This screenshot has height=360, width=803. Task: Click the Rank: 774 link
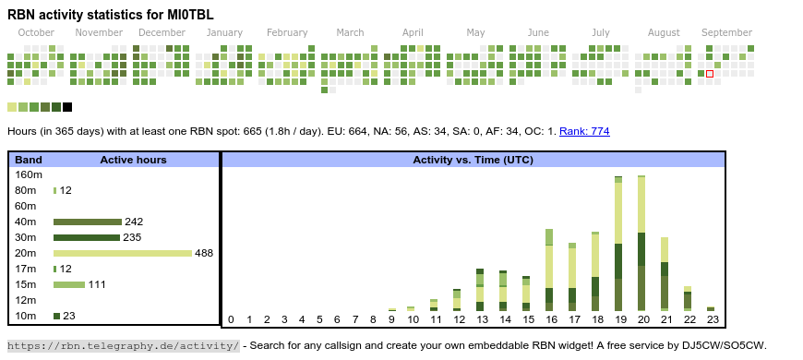click(x=584, y=132)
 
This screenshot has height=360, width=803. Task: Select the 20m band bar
click(x=123, y=253)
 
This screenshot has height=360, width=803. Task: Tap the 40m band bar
click(x=88, y=222)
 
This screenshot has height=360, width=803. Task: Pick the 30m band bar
click(x=87, y=237)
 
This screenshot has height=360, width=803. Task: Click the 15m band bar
click(x=69, y=284)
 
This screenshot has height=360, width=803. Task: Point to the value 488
click(x=204, y=253)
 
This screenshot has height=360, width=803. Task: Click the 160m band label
click(x=29, y=174)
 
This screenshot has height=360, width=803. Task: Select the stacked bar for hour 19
click(x=618, y=244)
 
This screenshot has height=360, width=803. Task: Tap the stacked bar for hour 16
click(x=549, y=270)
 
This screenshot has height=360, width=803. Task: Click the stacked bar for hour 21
click(x=665, y=274)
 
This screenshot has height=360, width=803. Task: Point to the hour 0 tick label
click(x=231, y=319)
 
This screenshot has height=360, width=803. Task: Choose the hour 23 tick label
click(x=713, y=319)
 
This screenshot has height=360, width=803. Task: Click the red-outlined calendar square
click(x=709, y=74)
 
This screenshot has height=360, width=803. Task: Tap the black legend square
click(x=67, y=107)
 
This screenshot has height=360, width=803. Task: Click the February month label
click(x=287, y=33)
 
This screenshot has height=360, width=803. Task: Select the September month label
click(x=726, y=33)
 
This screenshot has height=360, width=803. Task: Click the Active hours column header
click(x=133, y=160)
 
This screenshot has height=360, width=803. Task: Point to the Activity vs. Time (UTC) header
click(x=473, y=160)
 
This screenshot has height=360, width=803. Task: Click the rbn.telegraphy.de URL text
click(x=124, y=345)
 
